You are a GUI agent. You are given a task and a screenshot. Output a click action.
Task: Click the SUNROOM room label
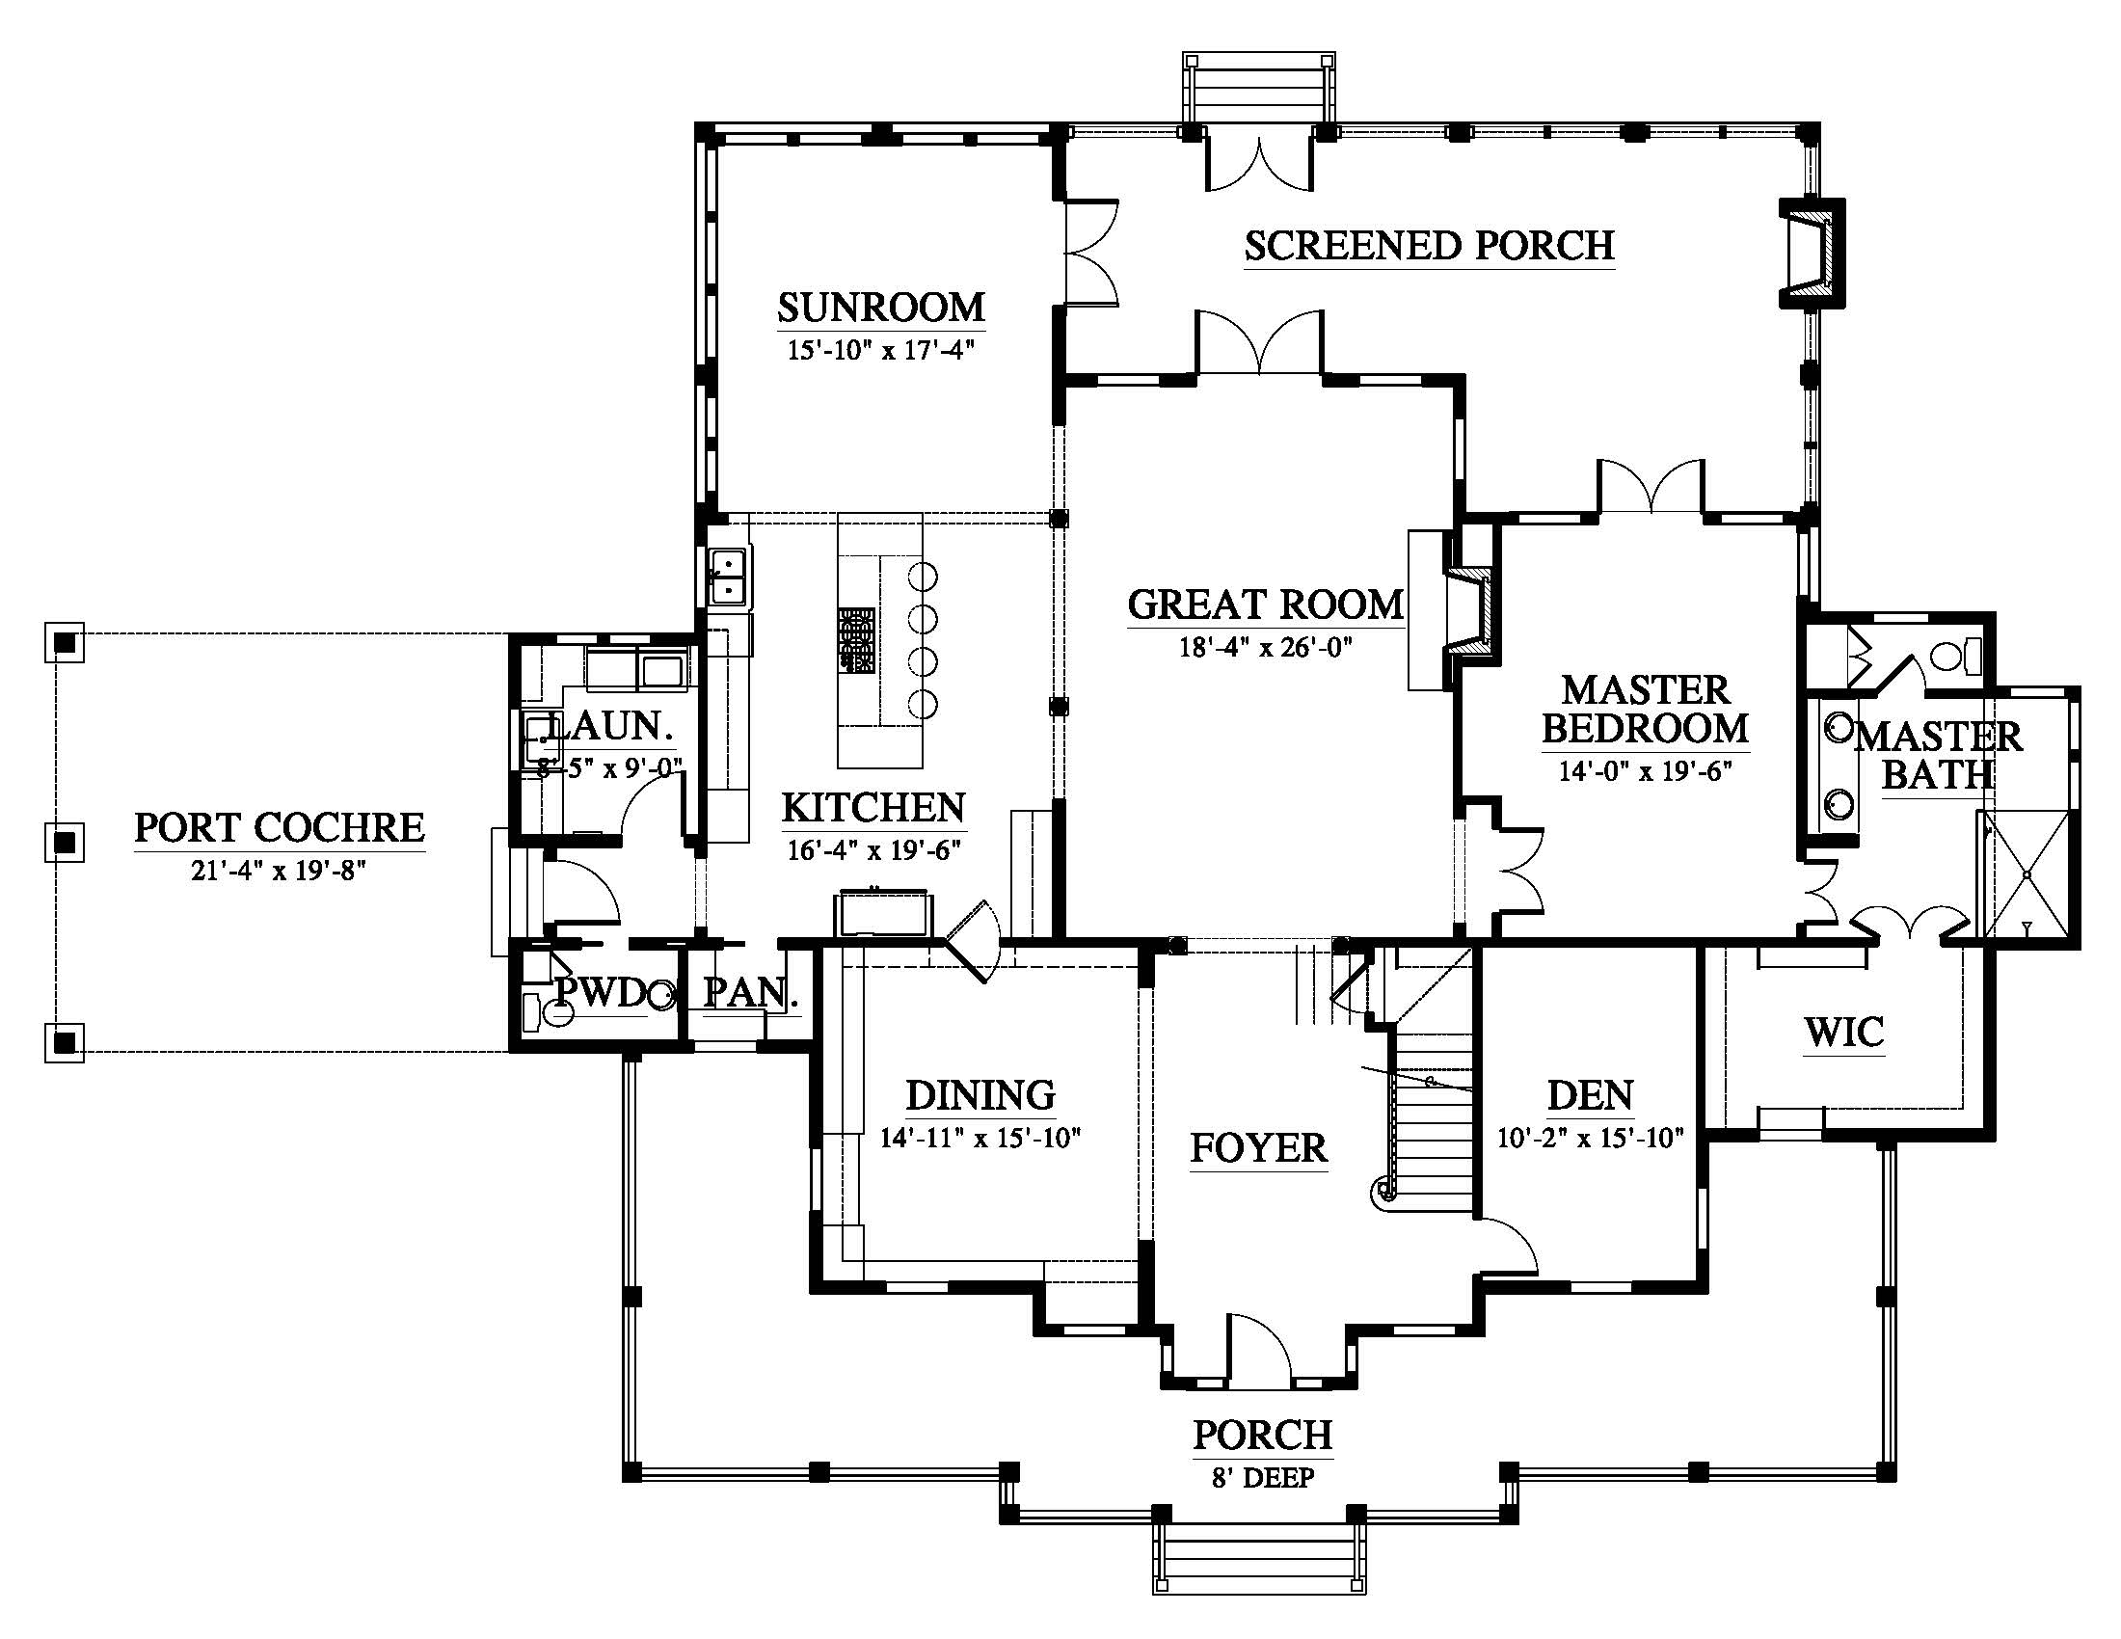[x=881, y=307]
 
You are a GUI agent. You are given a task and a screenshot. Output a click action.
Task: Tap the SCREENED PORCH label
[x=1430, y=246]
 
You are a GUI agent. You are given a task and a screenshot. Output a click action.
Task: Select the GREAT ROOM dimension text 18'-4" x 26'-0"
[x=1266, y=647]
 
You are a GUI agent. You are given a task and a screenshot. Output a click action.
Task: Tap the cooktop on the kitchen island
[x=856, y=641]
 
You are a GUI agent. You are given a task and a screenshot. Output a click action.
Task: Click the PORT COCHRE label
[x=280, y=828]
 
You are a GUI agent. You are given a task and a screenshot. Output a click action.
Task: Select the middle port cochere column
[x=64, y=843]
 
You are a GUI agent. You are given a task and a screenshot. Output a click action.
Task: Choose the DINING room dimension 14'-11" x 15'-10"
[x=980, y=1137]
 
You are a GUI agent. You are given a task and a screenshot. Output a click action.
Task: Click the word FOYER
[x=1258, y=1148]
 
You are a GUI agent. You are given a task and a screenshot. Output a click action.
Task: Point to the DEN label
[x=1590, y=1095]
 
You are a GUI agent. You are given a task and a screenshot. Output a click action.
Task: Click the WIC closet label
[x=1844, y=1033]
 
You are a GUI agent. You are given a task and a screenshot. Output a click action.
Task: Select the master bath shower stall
[x=2027, y=874]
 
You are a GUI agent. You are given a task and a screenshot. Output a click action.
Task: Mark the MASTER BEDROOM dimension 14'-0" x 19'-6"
[x=1646, y=772]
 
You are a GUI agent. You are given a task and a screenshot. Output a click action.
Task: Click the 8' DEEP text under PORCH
[x=1263, y=1478]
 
